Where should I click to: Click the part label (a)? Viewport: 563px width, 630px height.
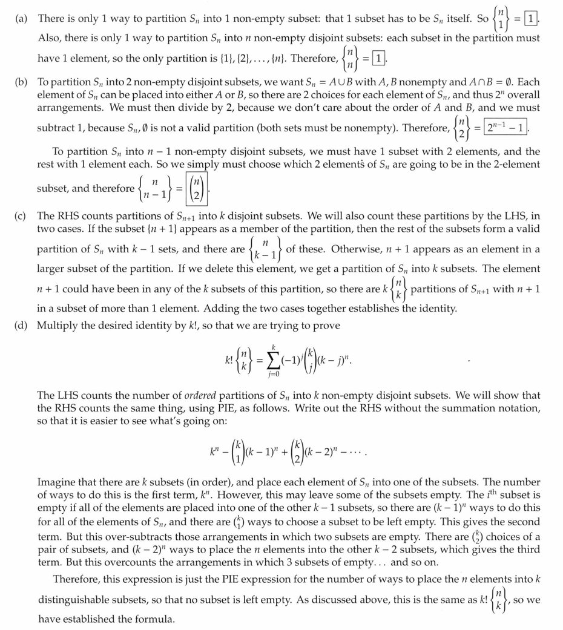(22, 19)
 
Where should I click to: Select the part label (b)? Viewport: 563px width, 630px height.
(22, 82)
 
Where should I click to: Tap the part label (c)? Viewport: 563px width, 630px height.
(22, 215)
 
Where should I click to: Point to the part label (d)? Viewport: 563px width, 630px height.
(22, 325)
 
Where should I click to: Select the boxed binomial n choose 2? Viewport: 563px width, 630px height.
(199, 188)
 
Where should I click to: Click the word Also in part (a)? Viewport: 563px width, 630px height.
(49, 38)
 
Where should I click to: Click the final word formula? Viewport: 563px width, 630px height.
(156, 619)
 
